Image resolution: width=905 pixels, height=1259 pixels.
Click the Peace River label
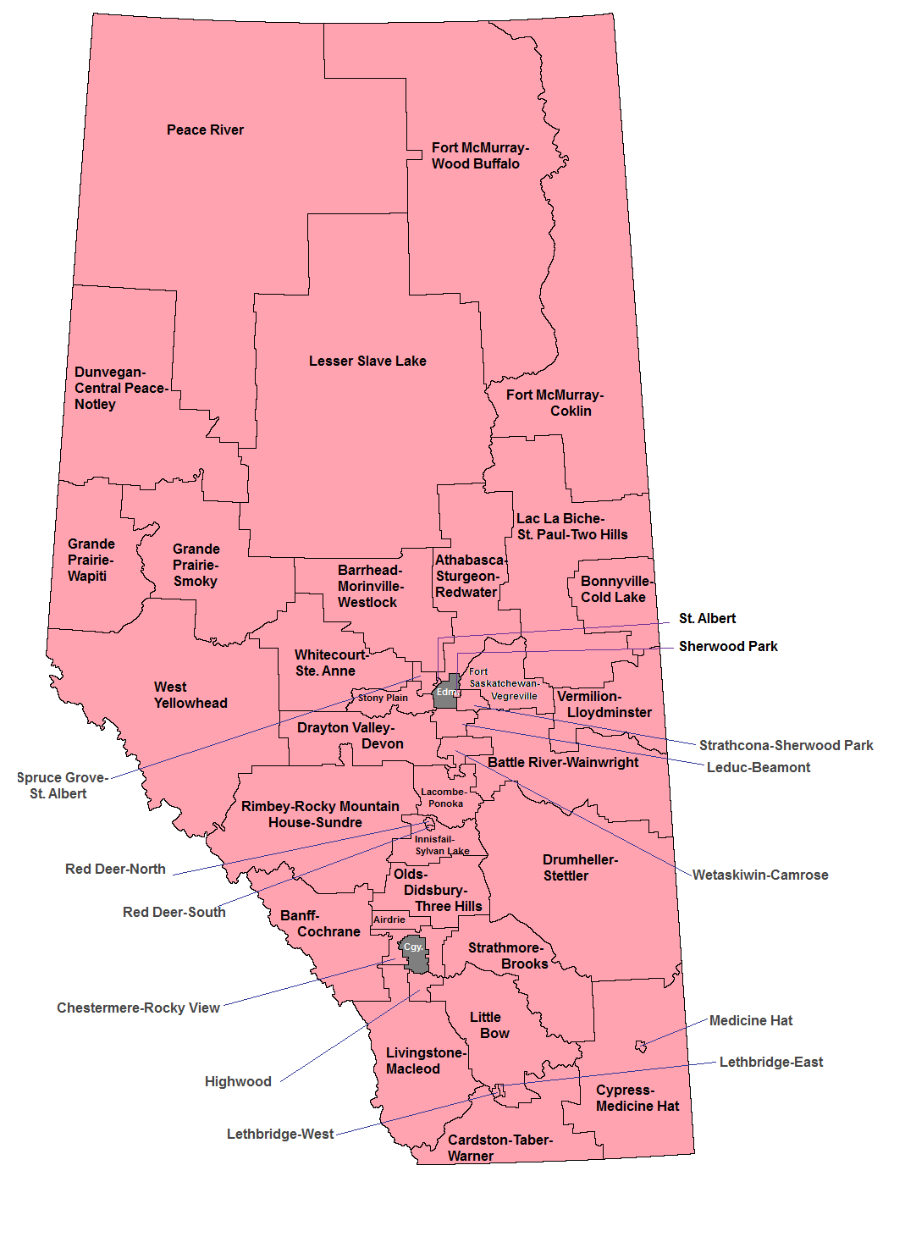point(205,130)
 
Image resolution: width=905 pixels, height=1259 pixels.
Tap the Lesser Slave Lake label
point(367,361)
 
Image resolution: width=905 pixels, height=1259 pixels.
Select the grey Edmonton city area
point(446,692)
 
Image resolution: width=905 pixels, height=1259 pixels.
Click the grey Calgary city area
point(414,954)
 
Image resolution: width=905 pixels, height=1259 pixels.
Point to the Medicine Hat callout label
point(750,1020)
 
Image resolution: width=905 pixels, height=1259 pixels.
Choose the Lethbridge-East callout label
point(770,1062)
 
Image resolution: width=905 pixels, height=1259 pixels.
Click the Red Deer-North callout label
point(115,869)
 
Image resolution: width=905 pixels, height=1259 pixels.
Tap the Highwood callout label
point(238,1081)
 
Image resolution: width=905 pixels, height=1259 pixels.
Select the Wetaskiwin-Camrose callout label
point(759,875)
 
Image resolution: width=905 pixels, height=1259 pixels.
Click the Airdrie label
point(389,919)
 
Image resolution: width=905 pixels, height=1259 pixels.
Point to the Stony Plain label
point(383,698)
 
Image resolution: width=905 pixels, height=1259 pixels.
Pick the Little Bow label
point(490,1024)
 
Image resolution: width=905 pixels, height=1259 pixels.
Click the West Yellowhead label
point(190,694)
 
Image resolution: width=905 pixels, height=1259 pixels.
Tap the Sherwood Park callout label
point(728,646)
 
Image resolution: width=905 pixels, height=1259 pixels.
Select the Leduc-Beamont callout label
point(758,767)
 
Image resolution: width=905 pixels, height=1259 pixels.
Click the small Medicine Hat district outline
point(641,1046)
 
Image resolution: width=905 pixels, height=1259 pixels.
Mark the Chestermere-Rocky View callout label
point(138,1008)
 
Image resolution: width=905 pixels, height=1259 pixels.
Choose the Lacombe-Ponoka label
point(444,798)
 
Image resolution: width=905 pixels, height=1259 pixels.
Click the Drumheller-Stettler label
point(580,867)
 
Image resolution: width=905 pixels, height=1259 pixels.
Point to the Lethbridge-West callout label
point(279,1134)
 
